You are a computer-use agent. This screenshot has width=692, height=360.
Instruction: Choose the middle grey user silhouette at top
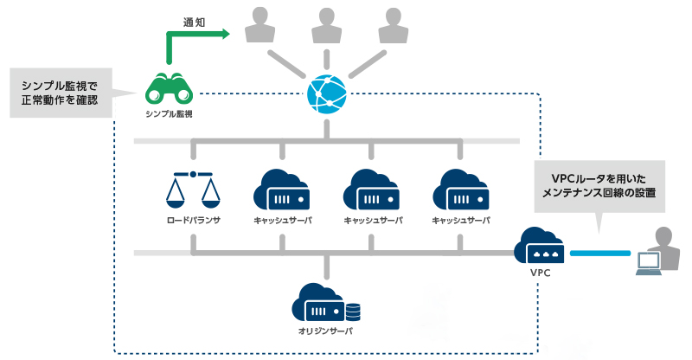[x=326, y=27]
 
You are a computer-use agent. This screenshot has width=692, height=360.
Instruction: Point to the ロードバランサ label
[x=193, y=221]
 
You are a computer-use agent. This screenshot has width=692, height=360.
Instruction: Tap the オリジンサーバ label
[x=325, y=332]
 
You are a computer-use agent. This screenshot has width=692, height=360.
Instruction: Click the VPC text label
[x=540, y=273]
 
